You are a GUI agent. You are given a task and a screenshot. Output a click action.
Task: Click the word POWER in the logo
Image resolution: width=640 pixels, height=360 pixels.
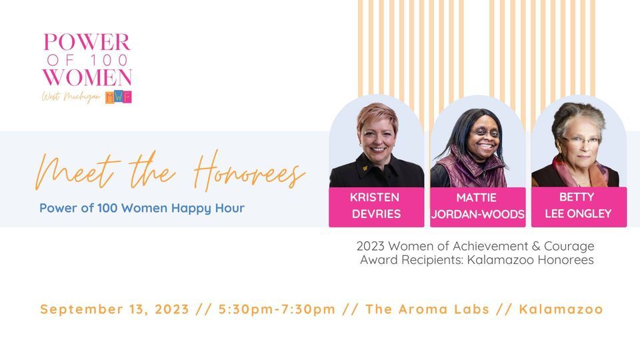pos(87,43)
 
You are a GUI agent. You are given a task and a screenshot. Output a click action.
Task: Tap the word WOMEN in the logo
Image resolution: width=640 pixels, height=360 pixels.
pos(87,77)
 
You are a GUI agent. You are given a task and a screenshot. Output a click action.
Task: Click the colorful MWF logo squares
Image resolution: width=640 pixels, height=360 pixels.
pos(119,97)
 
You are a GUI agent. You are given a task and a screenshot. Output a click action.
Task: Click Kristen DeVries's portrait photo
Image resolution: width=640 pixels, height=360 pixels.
pos(376,143)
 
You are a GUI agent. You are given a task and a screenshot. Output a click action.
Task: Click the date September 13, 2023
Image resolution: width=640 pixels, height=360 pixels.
pos(115,309)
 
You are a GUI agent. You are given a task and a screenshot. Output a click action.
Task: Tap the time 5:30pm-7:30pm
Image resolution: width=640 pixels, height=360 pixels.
pos(277,309)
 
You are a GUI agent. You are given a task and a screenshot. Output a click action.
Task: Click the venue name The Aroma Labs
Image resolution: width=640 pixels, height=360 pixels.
pos(427,309)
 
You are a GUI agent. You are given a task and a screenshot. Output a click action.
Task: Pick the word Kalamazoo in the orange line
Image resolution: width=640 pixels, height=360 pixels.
pos(561,309)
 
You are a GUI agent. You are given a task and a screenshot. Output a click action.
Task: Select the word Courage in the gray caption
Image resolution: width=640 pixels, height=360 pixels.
pos(568,247)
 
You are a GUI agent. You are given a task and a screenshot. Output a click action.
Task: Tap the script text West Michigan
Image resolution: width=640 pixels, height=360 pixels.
pos(71,97)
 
